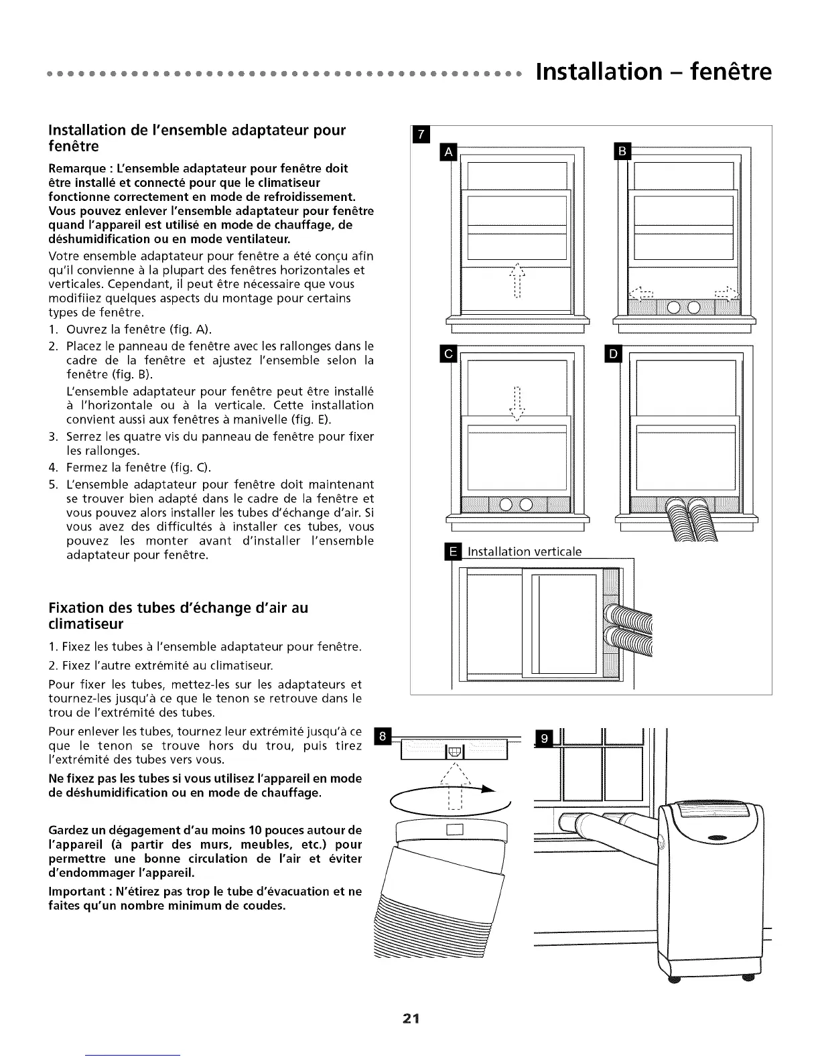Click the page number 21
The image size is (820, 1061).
coord(411,1019)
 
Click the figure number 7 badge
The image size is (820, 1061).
coord(420,135)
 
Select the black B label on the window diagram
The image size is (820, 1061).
coord(622,152)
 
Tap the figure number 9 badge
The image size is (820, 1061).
coord(544,739)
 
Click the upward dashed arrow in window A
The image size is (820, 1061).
coord(517,280)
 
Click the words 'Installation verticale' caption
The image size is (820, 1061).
coord(525,551)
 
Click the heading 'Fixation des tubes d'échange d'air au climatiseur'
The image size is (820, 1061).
coord(178,616)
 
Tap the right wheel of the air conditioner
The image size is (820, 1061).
coord(748,979)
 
